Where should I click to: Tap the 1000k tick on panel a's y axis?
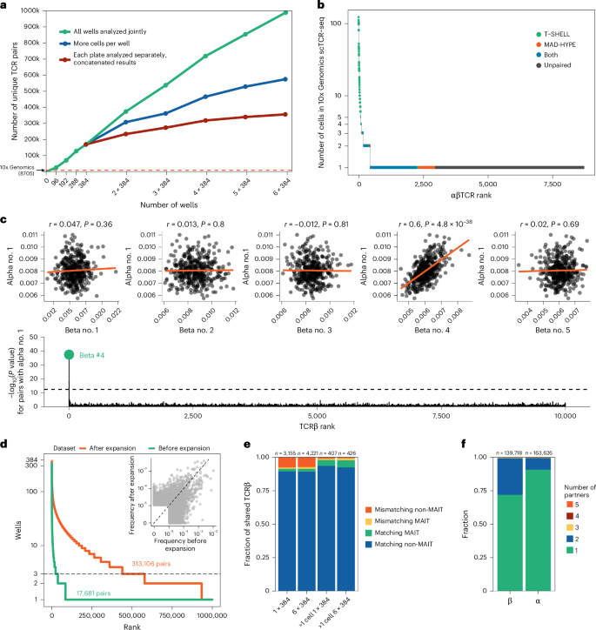point(29,10)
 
